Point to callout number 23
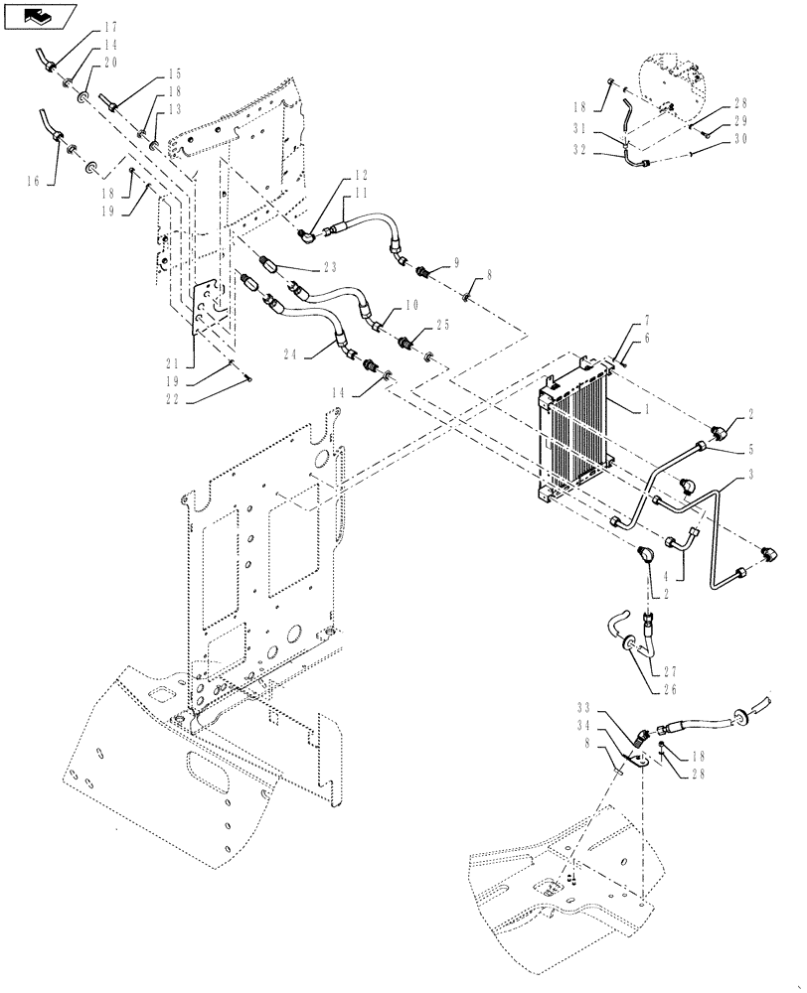tap(330, 266)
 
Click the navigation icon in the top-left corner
tap(37, 15)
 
